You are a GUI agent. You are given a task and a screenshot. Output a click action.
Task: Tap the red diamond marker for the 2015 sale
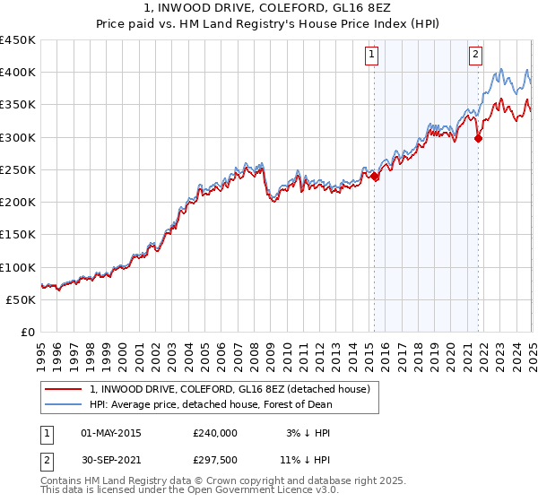[375, 177]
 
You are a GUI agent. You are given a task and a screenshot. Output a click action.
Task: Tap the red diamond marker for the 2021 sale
[479, 138]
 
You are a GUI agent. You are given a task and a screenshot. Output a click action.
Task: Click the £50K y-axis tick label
[21, 299]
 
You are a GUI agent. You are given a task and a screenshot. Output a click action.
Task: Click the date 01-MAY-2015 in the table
[111, 432]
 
